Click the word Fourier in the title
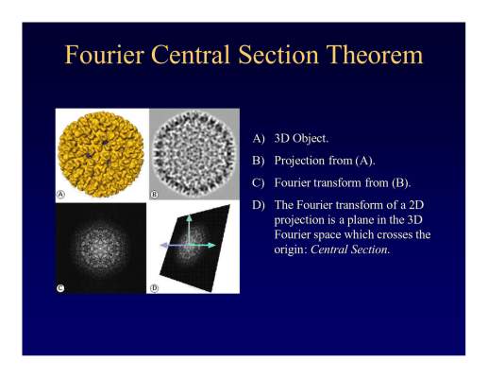(x=104, y=55)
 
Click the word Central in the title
(x=191, y=55)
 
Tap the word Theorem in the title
(x=375, y=55)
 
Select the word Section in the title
(x=278, y=55)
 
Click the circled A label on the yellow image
(x=60, y=194)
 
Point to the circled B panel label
(x=154, y=194)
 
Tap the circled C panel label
(x=60, y=288)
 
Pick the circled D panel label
(x=154, y=288)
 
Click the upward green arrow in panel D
(x=189, y=230)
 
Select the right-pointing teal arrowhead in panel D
(x=211, y=245)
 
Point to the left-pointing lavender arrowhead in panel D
(x=163, y=246)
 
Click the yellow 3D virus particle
(x=101, y=154)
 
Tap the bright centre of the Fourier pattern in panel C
(x=100, y=249)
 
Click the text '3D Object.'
(x=301, y=138)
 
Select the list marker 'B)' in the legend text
(x=259, y=161)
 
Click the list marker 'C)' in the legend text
(x=259, y=183)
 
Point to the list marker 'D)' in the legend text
(x=259, y=205)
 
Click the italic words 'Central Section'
(x=349, y=249)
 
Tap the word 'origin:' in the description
(x=291, y=250)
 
